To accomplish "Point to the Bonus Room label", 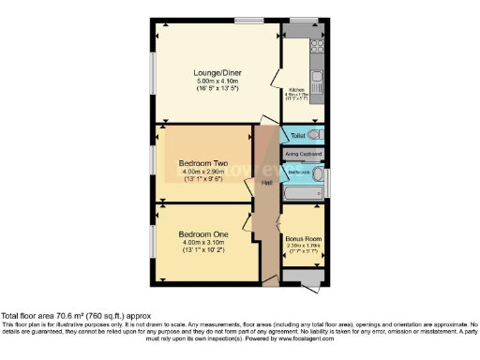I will [x=303, y=239].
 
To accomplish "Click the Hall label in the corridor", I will [x=266, y=182].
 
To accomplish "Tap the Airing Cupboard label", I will [x=303, y=154].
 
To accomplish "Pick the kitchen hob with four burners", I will [x=317, y=43].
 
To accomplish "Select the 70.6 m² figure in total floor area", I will [x=63, y=317].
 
